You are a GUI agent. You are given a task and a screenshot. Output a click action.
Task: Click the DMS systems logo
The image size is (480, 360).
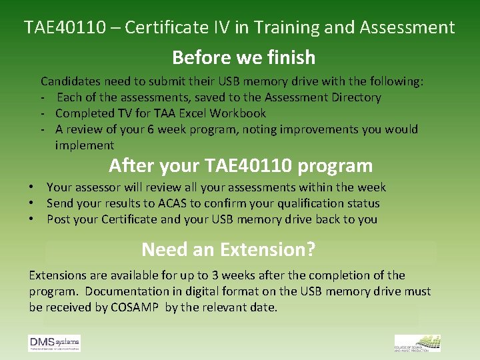pyautogui.click(x=54, y=343)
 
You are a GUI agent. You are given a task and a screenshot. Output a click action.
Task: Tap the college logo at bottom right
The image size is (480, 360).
pyautogui.click(x=417, y=343)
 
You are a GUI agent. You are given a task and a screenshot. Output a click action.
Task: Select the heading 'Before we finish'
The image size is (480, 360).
pyautogui.click(x=243, y=58)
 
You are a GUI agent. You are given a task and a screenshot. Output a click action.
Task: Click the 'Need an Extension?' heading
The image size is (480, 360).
pyautogui.click(x=228, y=250)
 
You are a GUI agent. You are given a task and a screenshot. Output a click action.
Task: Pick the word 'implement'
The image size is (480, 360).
pyautogui.click(x=85, y=145)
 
